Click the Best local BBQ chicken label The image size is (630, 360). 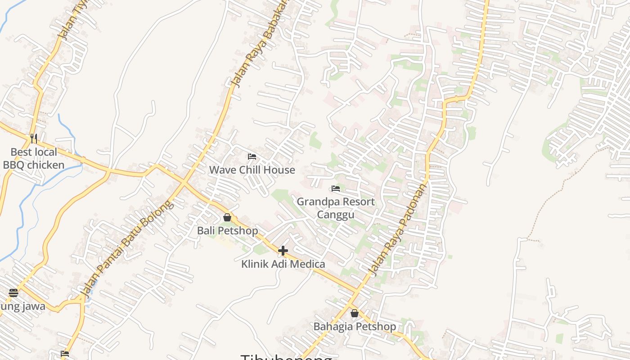pyautogui.click(x=34, y=158)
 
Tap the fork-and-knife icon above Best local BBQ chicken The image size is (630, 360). pyautogui.click(x=34, y=138)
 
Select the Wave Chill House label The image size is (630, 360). pyautogui.click(x=252, y=170)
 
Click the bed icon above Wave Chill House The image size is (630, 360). pyautogui.click(x=252, y=157)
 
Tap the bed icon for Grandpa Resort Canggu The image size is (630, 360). pyautogui.click(x=336, y=188)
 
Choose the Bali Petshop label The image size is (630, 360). pyautogui.click(x=228, y=231)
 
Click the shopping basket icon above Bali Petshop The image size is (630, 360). pyautogui.click(x=227, y=217)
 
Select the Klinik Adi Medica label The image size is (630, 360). pyautogui.click(x=283, y=264)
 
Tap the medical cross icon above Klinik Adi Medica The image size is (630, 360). pyautogui.click(x=283, y=250)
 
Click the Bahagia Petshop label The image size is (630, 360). pyautogui.click(x=355, y=327)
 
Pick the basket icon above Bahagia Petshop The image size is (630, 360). pyautogui.click(x=355, y=313)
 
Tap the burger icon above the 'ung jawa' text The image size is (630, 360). pyautogui.click(x=13, y=293)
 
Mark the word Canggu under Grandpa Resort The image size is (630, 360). pyautogui.click(x=336, y=214)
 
